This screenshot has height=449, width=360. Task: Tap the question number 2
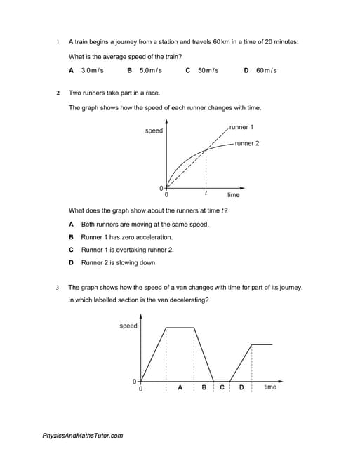coord(58,93)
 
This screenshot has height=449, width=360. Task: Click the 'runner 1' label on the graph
coord(241,127)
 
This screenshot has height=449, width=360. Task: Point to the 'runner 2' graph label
coord(247,143)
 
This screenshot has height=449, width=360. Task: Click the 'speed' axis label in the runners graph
coord(154,130)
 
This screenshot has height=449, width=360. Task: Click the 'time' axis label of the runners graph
coord(233,195)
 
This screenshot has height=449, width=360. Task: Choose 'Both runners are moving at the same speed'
coord(145,224)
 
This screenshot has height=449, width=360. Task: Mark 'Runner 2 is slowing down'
coord(119,262)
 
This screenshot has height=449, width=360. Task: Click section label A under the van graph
coord(180,387)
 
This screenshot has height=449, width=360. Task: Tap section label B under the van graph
coord(204,387)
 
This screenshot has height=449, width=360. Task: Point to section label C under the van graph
coord(222,387)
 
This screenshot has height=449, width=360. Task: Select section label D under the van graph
coord(241,387)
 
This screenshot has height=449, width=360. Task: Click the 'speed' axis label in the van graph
coord(128,326)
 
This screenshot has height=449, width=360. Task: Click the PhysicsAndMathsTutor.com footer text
coord(83,436)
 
